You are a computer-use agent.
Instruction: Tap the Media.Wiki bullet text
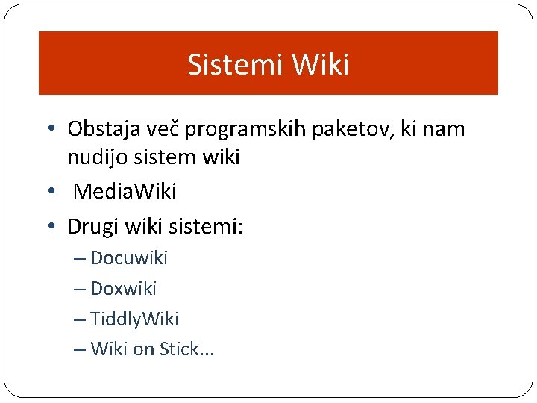point(125,192)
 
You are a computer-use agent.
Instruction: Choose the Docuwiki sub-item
point(128,258)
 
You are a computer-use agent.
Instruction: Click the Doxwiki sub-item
point(123,288)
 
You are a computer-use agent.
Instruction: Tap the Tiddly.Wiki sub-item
point(134,319)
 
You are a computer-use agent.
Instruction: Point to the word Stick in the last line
point(179,349)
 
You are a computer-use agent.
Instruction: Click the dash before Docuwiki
point(80,259)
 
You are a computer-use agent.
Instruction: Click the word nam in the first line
point(447,129)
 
